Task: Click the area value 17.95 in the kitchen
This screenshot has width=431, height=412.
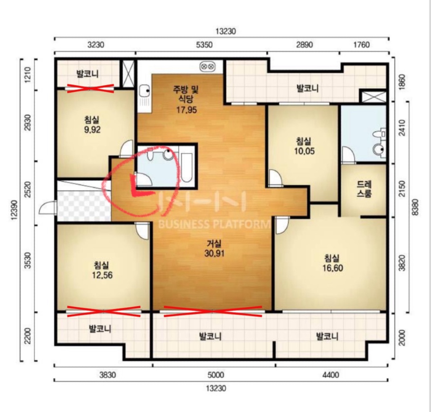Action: (x=186, y=110)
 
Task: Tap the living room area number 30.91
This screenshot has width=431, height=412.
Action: (x=214, y=253)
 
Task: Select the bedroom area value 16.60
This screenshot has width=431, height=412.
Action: (x=333, y=268)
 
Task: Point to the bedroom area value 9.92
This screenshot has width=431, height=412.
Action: (x=92, y=130)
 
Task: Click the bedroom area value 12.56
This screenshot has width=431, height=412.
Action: (x=102, y=275)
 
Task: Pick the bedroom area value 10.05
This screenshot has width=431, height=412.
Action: (x=304, y=151)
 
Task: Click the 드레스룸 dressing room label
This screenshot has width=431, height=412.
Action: (x=364, y=189)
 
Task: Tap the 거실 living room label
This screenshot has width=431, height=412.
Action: (x=214, y=243)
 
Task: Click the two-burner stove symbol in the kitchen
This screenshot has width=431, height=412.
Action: (x=208, y=66)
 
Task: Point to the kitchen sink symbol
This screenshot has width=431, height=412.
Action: (x=144, y=90)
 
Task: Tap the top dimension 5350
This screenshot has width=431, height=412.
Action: (x=204, y=44)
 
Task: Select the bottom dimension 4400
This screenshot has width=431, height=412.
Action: (x=331, y=375)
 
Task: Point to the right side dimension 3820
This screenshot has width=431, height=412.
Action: (x=402, y=263)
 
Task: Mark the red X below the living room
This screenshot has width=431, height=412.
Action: (x=213, y=311)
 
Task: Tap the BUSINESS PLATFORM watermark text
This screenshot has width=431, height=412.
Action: (x=214, y=224)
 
